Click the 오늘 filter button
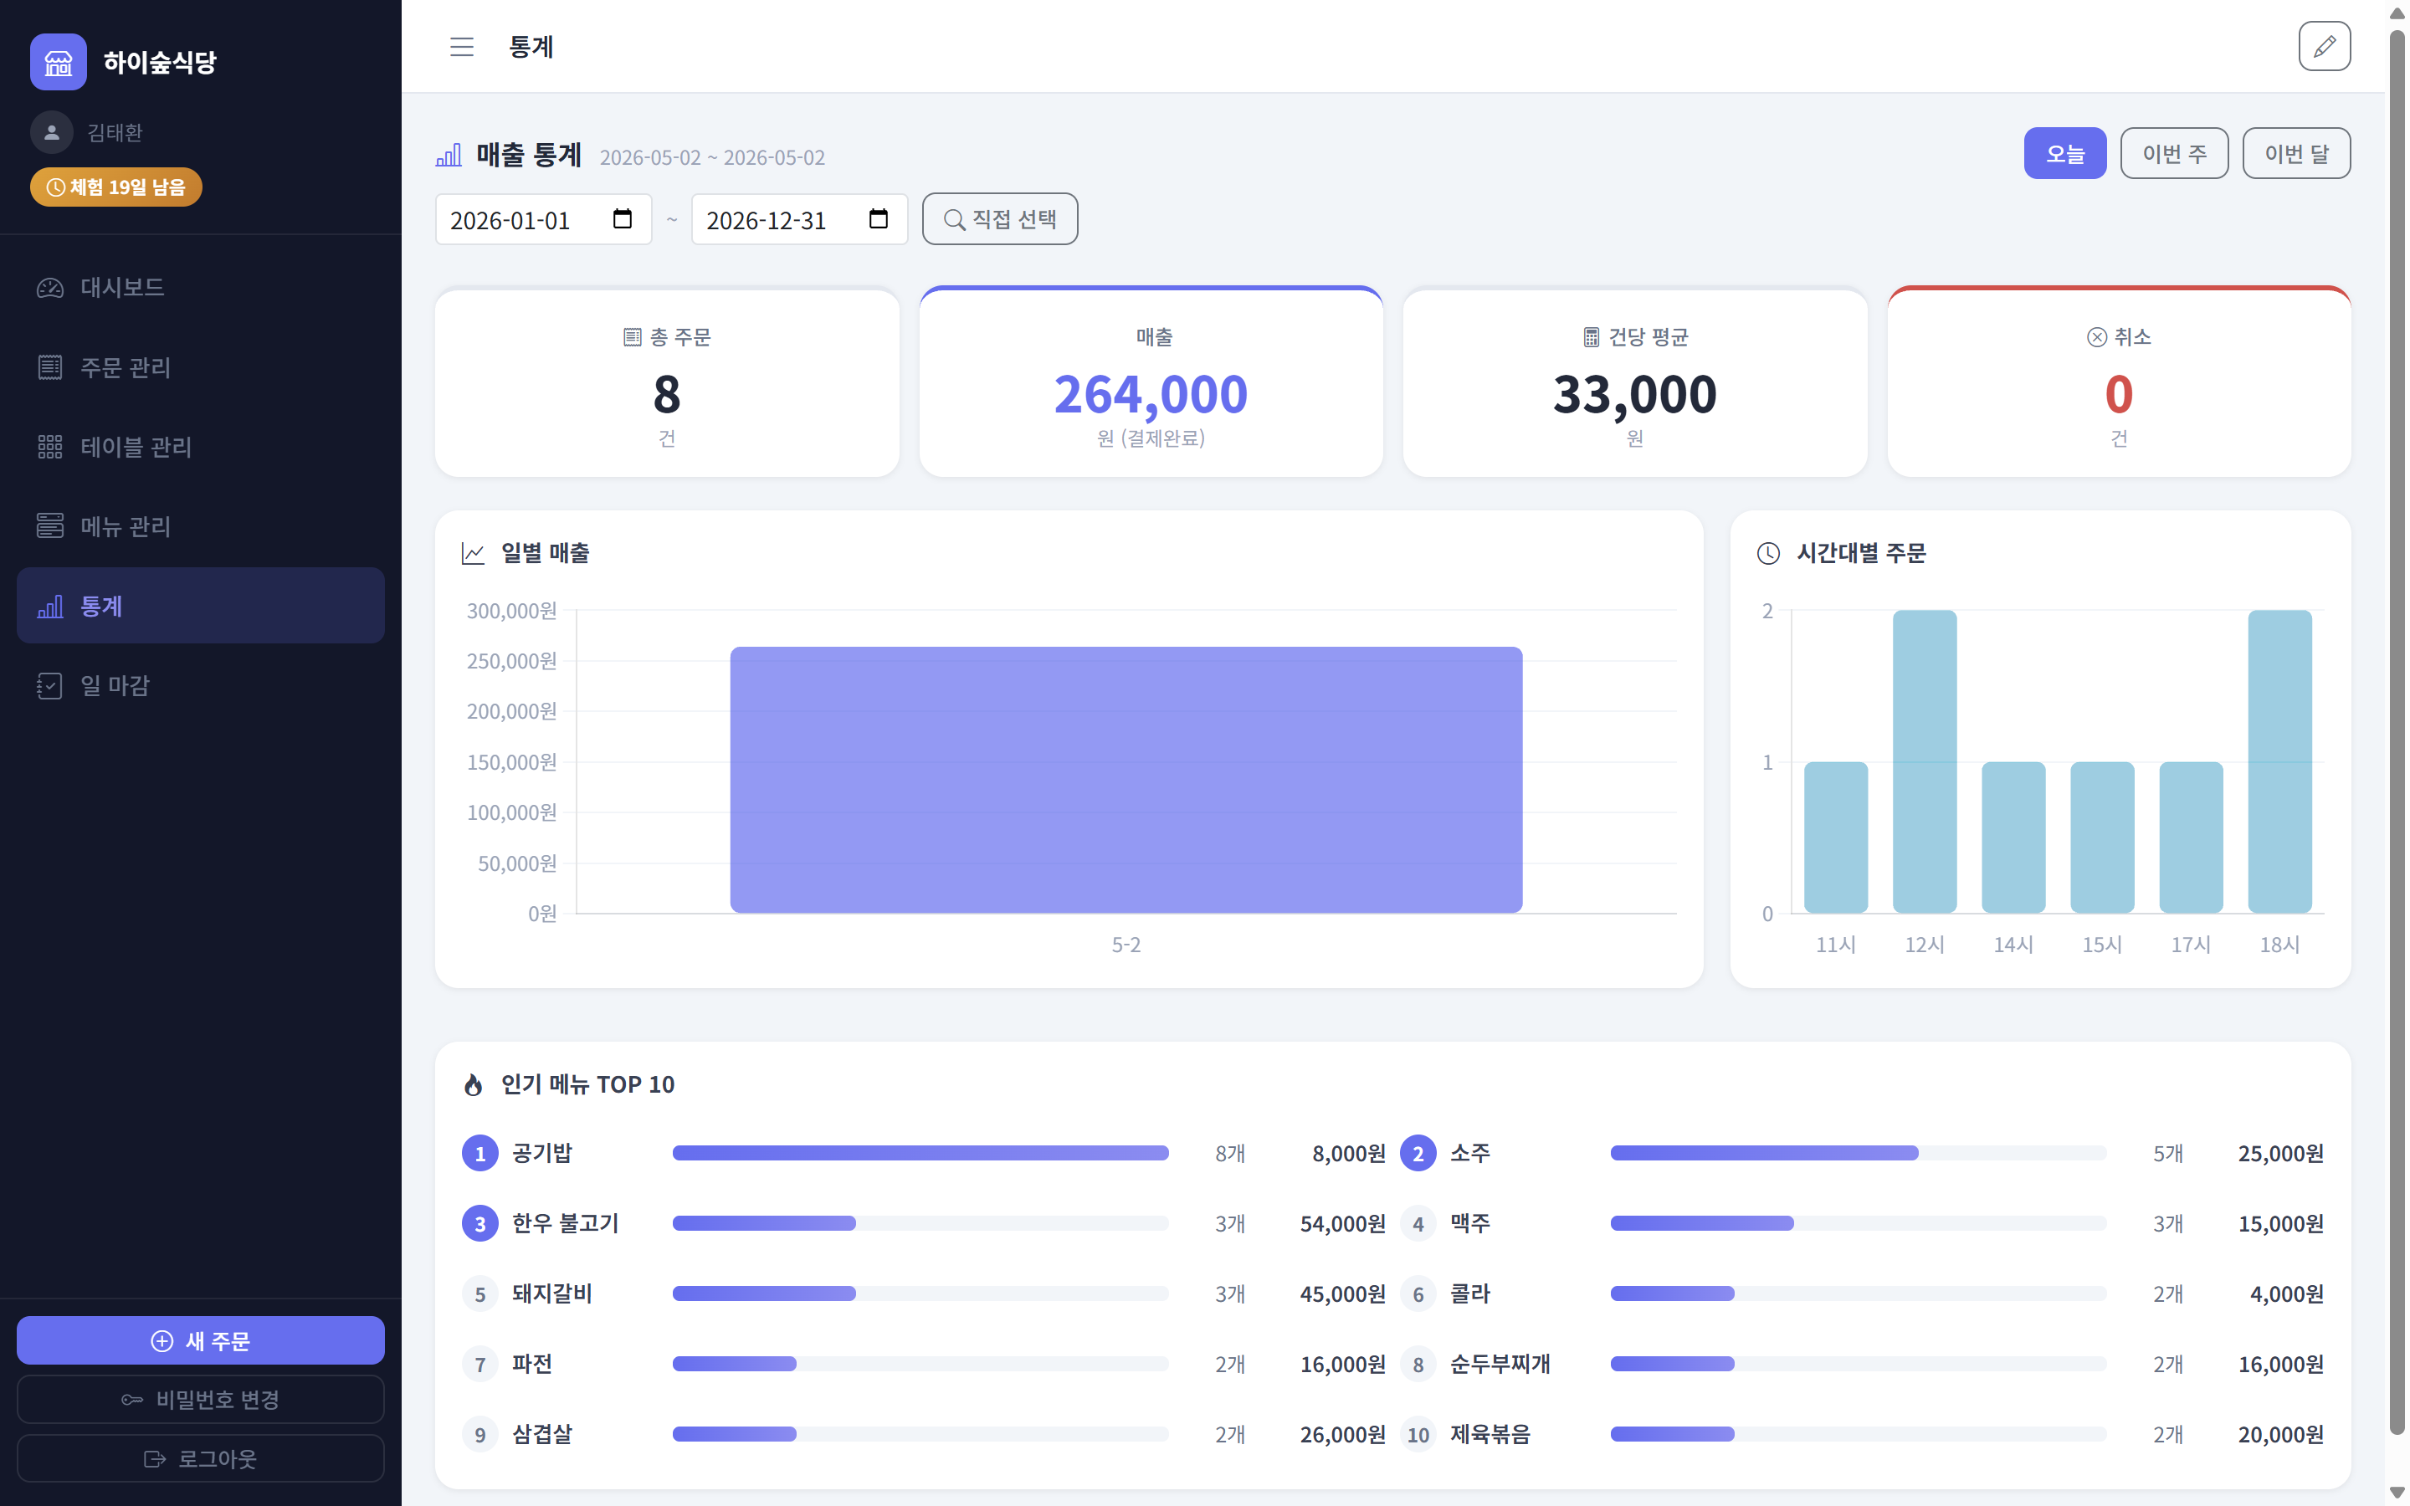click(2064, 153)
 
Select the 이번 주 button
click(2174, 153)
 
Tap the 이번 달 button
click(2296, 153)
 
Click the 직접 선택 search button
click(1000, 219)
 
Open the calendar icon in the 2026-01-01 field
click(623, 219)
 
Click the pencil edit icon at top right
click(2325, 47)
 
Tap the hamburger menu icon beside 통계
click(461, 47)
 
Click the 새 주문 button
click(200, 1340)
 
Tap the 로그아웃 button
click(200, 1458)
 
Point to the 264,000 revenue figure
click(1151, 394)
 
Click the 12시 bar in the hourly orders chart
click(1924, 761)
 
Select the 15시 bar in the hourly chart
click(2101, 838)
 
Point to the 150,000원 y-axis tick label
click(512, 762)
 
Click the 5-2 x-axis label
click(1126, 945)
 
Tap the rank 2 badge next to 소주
click(1418, 1154)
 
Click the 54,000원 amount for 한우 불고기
click(1342, 1223)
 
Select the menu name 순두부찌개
click(1500, 1364)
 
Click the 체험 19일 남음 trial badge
click(116, 187)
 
